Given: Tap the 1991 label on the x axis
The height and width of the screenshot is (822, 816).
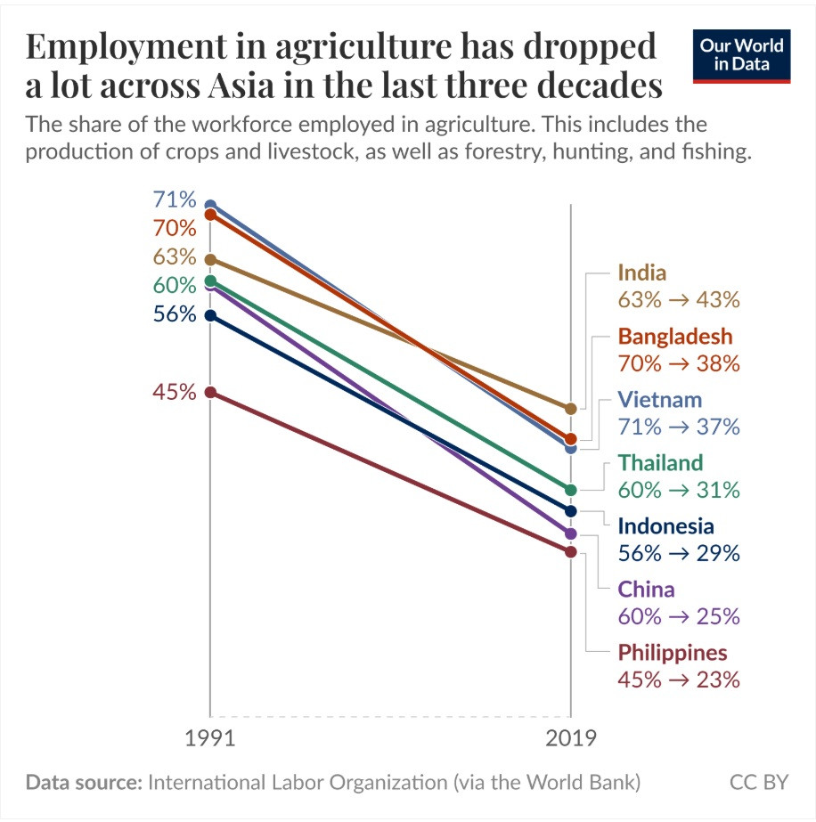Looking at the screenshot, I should pos(210,739).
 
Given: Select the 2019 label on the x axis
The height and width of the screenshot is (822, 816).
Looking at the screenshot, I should pos(571,739).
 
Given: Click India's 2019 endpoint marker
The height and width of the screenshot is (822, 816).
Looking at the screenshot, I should pos(571,409).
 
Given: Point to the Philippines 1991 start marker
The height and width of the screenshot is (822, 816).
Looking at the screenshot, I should pos(210,392).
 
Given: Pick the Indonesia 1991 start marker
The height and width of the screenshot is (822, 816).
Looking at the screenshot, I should pos(210,315).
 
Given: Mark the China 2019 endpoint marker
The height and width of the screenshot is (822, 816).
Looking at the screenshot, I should pos(571,533).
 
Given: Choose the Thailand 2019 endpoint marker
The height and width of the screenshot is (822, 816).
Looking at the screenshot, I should pos(571,490).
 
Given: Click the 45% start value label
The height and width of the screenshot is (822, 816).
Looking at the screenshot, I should pos(174,392).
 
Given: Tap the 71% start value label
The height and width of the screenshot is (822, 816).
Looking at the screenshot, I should pos(174,199).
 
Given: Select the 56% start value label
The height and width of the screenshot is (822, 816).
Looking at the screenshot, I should pos(174,314).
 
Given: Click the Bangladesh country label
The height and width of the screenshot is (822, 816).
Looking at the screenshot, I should pos(675,337).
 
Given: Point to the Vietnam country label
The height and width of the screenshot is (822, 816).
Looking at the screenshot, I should pos(660,399).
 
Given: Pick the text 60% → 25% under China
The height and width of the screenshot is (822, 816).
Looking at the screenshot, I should pos(679,616).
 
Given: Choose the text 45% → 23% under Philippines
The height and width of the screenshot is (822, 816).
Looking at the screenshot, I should pos(679,680).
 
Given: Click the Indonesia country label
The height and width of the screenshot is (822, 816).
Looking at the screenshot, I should pos(665,525).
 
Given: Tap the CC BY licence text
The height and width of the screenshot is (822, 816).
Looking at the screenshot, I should pos(759,783).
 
